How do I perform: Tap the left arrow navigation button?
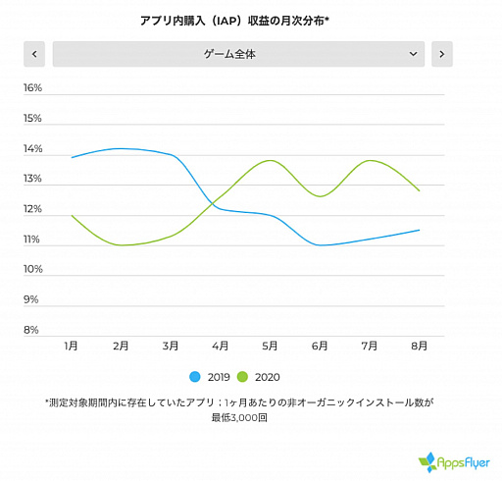(x=35, y=54)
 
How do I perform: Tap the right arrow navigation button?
(x=441, y=54)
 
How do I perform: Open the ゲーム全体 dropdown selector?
(x=238, y=54)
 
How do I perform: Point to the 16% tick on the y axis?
(x=32, y=88)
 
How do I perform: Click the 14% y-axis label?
(x=32, y=149)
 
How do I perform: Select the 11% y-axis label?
(x=32, y=240)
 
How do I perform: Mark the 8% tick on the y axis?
(x=32, y=330)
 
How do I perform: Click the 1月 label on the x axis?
(x=72, y=347)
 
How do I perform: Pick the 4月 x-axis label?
(x=221, y=347)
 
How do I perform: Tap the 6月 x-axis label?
(x=320, y=347)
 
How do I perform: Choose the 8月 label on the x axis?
(x=419, y=347)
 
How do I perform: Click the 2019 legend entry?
(x=213, y=377)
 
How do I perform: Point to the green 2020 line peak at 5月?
(x=270, y=160)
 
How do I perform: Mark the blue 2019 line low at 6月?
(x=321, y=245)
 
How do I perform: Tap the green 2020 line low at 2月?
(x=122, y=245)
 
